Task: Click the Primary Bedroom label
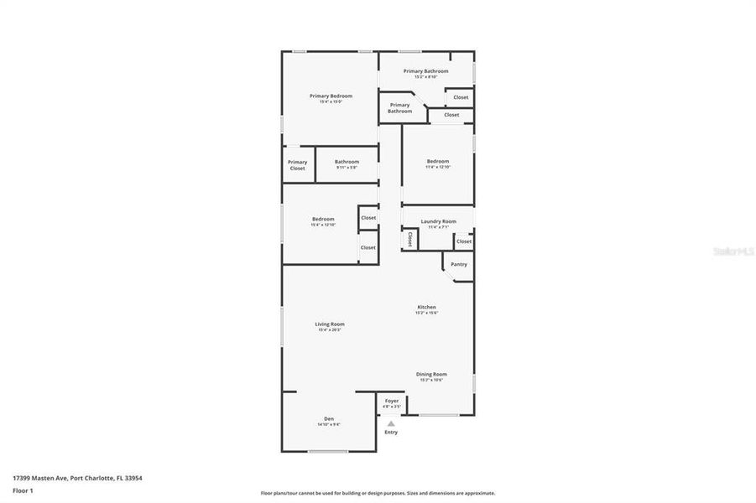(331, 96)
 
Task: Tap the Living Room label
(330, 324)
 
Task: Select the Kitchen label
(426, 308)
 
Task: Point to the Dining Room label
(432, 375)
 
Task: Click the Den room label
(329, 419)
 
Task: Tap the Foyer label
(392, 402)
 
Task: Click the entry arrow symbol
(391, 423)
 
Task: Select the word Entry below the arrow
(391, 433)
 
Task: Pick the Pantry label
(458, 264)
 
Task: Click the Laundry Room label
(438, 221)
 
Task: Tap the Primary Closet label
(297, 165)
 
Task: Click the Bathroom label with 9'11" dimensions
(347, 162)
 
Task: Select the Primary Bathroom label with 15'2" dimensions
(425, 71)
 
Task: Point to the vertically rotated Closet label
(409, 239)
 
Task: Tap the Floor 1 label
(23, 490)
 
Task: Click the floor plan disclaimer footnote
(378, 494)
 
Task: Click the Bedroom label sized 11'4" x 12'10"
(438, 162)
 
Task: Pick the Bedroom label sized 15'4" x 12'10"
(323, 220)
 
